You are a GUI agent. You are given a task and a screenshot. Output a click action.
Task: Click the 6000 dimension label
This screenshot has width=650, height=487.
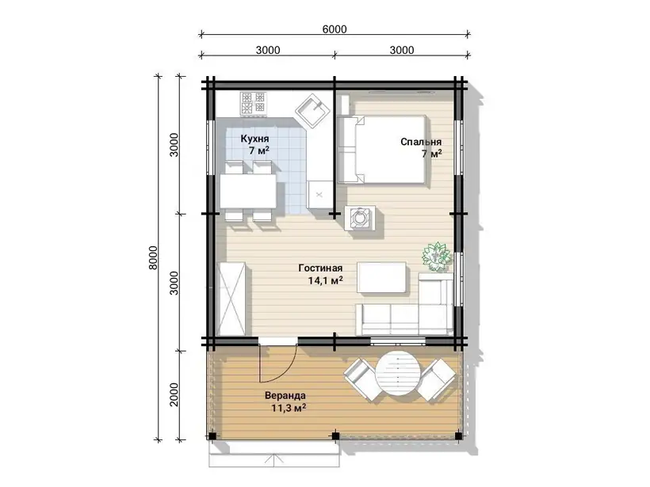click(x=335, y=29)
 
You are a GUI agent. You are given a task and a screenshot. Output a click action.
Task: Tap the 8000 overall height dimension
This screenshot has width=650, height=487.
click(x=153, y=257)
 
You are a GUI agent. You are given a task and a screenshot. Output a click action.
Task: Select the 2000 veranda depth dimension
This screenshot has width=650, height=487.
click(x=174, y=394)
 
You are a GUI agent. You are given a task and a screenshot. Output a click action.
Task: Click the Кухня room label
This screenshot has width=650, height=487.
click(x=254, y=139)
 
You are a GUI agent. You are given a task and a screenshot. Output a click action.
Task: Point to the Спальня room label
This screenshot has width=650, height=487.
click(x=421, y=142)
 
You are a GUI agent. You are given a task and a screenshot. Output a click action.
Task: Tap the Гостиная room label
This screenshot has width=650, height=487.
click(x=320, y=268)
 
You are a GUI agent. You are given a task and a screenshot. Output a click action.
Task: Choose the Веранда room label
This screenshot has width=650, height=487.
click(x=285, y=395)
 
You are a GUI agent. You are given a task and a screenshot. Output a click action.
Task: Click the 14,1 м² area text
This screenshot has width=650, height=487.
click(x=326, y=281)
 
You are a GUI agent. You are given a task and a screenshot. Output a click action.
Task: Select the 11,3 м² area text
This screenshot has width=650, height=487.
click(x=289, y=408)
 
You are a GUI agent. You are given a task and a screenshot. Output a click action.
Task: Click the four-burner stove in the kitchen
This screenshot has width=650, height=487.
click(x=254, y=103)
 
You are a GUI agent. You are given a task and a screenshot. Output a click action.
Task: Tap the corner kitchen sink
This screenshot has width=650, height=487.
click(x=313, y=111)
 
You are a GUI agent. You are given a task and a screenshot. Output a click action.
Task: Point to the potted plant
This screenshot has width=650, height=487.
click(x=437, y=257)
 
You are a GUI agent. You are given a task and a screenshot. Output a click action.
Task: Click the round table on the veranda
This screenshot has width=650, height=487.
click(x=396, y=375)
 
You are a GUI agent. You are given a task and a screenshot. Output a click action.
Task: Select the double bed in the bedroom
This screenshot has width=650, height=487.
click(x=382, y=149)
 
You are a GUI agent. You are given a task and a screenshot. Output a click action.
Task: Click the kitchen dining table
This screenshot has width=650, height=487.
click(x=248, y=191)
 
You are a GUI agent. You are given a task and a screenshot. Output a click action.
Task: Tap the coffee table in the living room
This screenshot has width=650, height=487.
click(x=382, y=277)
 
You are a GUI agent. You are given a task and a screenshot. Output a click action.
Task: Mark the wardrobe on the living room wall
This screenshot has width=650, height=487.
click(x=231, y=299)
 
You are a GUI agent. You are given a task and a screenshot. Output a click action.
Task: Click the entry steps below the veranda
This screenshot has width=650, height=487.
click(x=274, y=454)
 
